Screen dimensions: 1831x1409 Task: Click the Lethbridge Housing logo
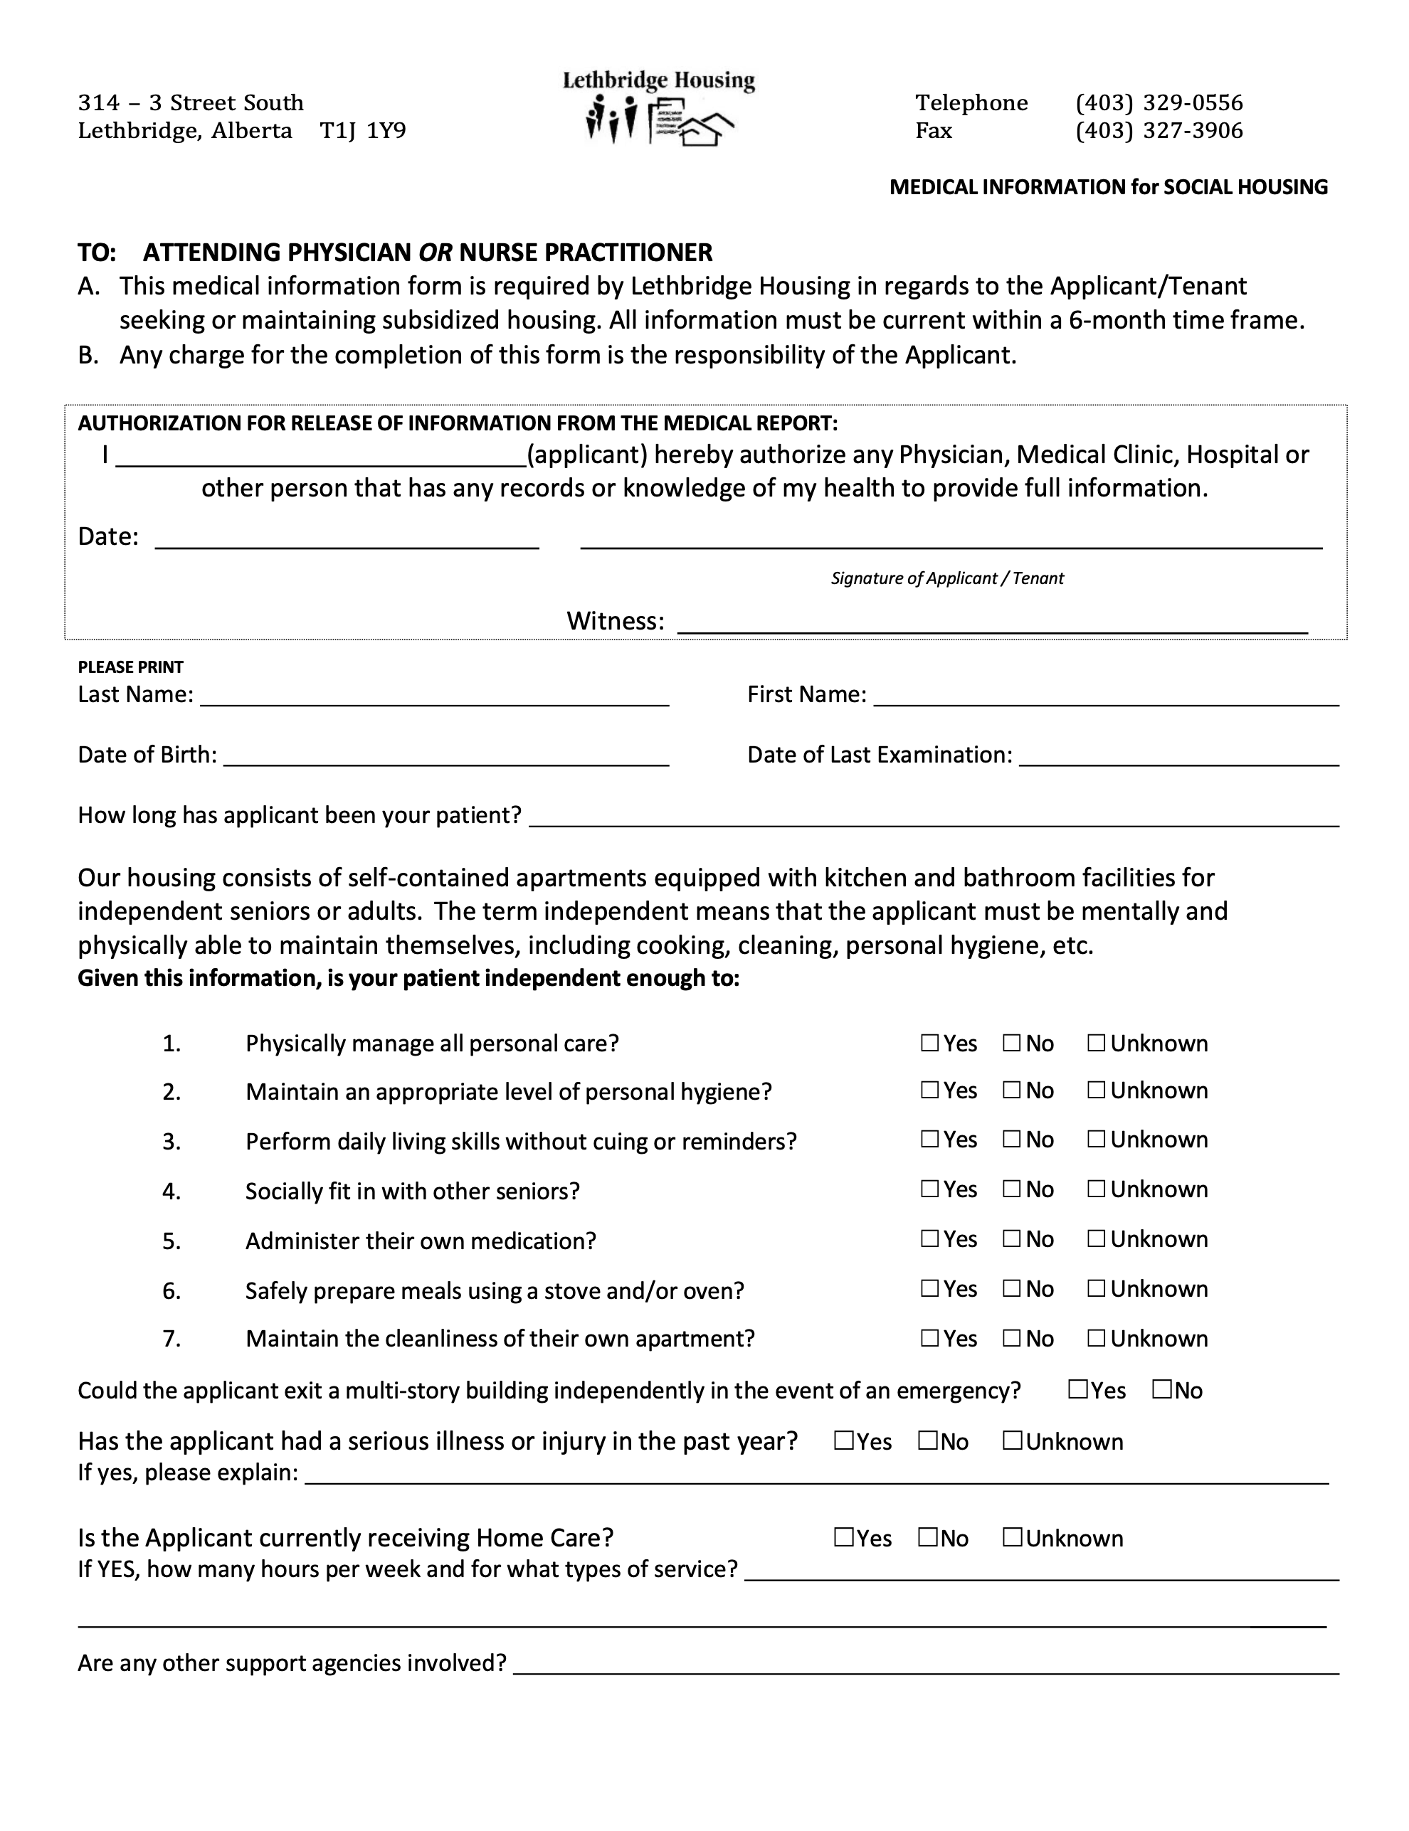click(659, 109)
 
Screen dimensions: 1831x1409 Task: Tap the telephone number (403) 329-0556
click(1159, 102)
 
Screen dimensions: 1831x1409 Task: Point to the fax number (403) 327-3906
click(1159, 131)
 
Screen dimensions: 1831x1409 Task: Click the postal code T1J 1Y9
click(362, 131)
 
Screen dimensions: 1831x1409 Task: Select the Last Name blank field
click(434, 698)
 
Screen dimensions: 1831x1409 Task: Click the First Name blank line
click(1105, 698)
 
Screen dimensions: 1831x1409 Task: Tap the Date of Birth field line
click(446, 758)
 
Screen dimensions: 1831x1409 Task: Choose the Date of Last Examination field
click(1178, 758)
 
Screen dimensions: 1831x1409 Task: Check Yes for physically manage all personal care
click(929, 1043)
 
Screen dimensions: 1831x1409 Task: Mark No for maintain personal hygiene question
click(1011, 1090)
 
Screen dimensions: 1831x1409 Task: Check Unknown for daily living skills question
click(1096, 1140)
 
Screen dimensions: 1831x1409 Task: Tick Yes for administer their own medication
click(929, 1238)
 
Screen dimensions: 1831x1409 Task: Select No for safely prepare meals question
click(1011, 1288)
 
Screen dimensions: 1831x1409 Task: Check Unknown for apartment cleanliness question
click(1096, 1338)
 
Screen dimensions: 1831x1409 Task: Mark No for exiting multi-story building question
click(1161, 1389)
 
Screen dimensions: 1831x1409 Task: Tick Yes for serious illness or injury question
click(844, 1440)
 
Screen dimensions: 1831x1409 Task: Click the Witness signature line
click(991, 624)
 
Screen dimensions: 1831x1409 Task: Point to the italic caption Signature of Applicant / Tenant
click(947, 578)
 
